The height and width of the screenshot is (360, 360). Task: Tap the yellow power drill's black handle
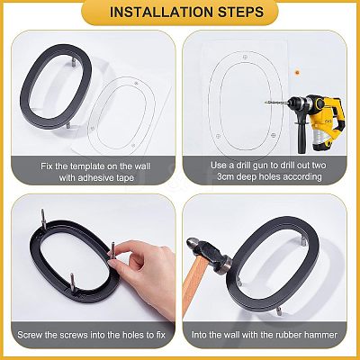pos(301,137)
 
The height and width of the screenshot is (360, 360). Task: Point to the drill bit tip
pos(265,103)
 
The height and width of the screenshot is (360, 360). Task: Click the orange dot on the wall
pos(297,72)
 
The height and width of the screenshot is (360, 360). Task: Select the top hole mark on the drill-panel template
pos(246,57)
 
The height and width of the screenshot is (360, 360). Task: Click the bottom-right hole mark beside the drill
pos(273,136)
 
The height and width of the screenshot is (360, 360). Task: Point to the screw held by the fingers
pos(113,252)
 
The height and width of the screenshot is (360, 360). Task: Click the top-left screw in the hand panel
pos(43,219)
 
